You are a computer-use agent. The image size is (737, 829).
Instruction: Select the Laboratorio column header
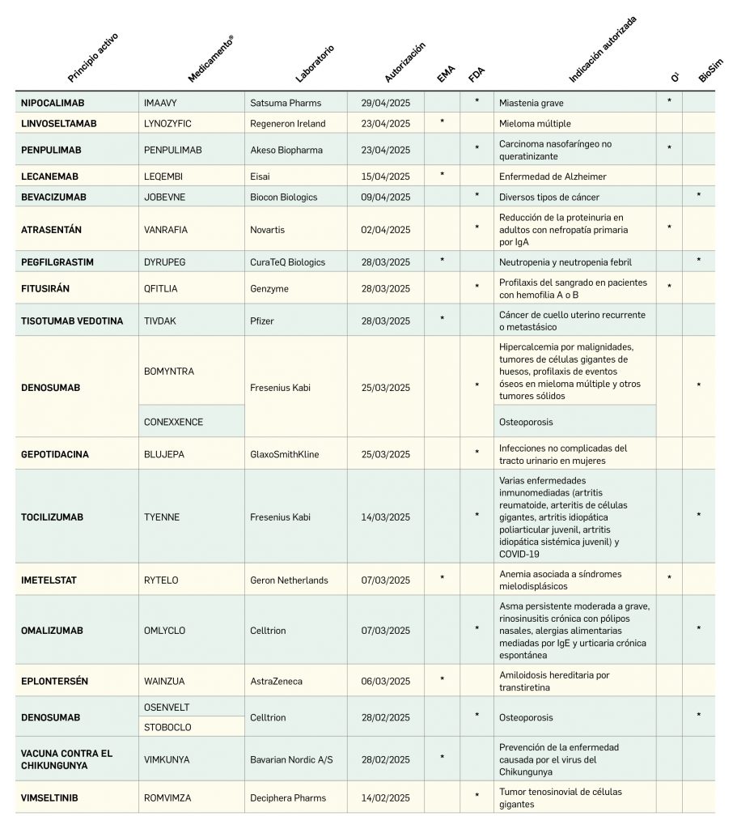coord(315,64)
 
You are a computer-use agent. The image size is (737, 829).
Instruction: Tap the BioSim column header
coord(710,70)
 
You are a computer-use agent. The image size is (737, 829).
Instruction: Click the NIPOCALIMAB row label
coord(53,103)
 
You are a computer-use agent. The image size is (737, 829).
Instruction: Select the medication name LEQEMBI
coord(163,176)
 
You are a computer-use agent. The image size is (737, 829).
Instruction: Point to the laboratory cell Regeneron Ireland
coord(288,123)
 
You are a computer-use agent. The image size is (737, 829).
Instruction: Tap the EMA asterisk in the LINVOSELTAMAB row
coord(442,122)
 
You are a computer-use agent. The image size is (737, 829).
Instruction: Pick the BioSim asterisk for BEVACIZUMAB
coord(699,196)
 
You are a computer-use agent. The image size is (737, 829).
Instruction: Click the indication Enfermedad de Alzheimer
coord(553,176)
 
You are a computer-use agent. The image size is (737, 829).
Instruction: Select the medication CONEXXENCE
coord(173,422)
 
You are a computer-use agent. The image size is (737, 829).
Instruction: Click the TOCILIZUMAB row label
coord(52,517)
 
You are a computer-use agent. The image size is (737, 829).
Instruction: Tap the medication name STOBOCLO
coord(167,727)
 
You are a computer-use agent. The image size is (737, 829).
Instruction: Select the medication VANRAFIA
coord(165,230)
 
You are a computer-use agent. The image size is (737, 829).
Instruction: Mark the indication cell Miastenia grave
coord(532,103)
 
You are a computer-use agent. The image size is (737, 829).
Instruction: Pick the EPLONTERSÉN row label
coord(54,681)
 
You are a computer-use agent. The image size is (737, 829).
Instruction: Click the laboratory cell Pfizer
coord(262,321)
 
